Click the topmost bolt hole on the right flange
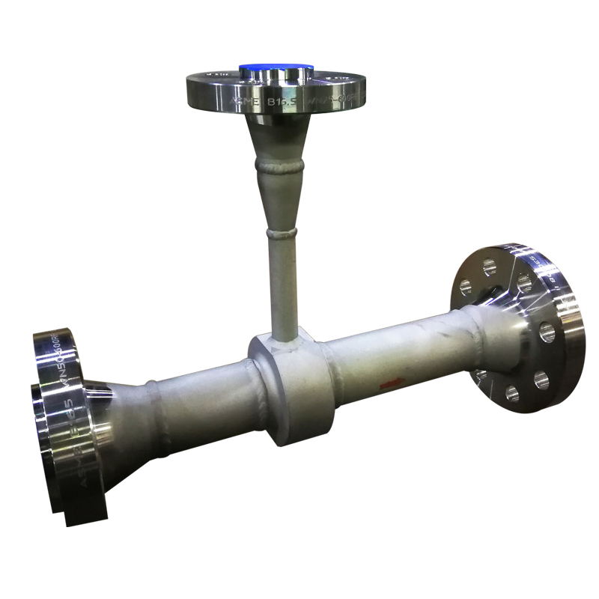coord(489,266)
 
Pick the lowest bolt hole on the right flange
coord(513,393)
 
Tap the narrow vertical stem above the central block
coord(283,285)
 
